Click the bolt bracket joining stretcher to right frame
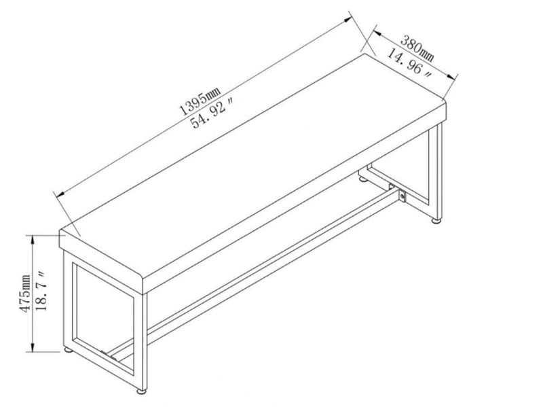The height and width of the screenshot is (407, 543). pos(403,196)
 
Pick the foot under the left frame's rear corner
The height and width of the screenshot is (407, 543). pos(68,350)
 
